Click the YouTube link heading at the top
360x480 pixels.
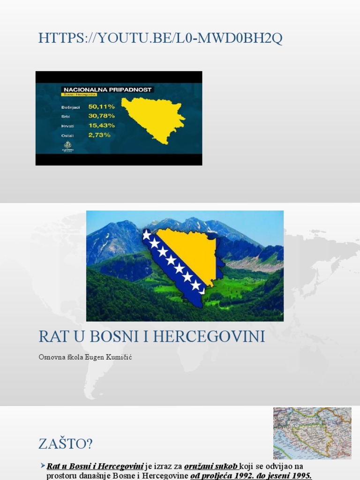click(160, 38)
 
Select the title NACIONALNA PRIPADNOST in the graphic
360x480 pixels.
click(108, 89)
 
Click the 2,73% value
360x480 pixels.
click(99, 135)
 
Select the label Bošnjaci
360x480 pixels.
click(71, 107)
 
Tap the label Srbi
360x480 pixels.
click(66, 116)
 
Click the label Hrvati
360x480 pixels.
click(68, 126)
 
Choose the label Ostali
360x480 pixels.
click(67, 135)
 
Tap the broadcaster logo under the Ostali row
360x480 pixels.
click(68, 147)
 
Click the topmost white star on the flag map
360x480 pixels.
click(147, 234)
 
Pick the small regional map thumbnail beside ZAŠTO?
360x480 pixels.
click(312, 433)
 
